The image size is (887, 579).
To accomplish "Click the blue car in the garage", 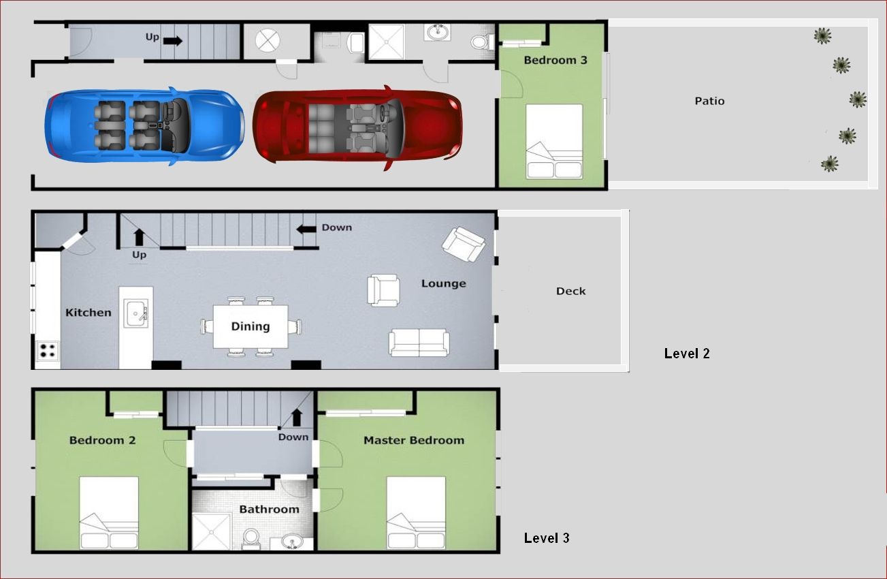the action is tap(144, 125).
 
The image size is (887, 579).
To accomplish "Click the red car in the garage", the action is tap(357, 127).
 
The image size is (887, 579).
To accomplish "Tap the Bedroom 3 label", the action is tap(555, 60).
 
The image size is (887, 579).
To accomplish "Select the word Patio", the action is tap(709, 101).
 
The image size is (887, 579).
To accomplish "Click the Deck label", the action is tap(570, 292).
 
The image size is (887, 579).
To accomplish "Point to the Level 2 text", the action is tap(687, 354).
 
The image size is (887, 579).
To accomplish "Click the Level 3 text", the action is tap(547, 537).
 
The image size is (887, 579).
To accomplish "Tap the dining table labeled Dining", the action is tap(251, 326).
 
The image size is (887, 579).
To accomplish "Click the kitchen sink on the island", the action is tap(136, 313).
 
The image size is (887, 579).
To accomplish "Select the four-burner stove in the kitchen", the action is tap(48, 351).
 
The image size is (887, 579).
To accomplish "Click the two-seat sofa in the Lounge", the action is tap(419, 343).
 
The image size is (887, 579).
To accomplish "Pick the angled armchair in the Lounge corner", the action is tap(464, 244).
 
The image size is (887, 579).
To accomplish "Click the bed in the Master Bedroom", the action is tap(416, 513).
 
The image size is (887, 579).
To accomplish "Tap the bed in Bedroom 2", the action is tap(109, 513).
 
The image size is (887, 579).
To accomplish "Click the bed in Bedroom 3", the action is tap(554, 142).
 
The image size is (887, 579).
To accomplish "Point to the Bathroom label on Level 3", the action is tap(270, 510).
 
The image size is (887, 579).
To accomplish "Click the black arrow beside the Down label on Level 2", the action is tap(306, 229).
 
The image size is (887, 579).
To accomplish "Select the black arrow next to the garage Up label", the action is tap(173, 41).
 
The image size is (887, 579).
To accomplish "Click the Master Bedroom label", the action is tap(414, 440).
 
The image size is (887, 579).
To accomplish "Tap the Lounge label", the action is tap(444, 284).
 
